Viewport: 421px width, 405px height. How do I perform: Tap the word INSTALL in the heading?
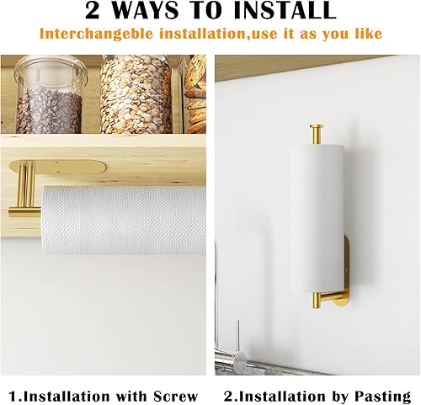[x=278, y=12]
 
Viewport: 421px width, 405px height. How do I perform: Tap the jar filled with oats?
[x=136, y=94]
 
